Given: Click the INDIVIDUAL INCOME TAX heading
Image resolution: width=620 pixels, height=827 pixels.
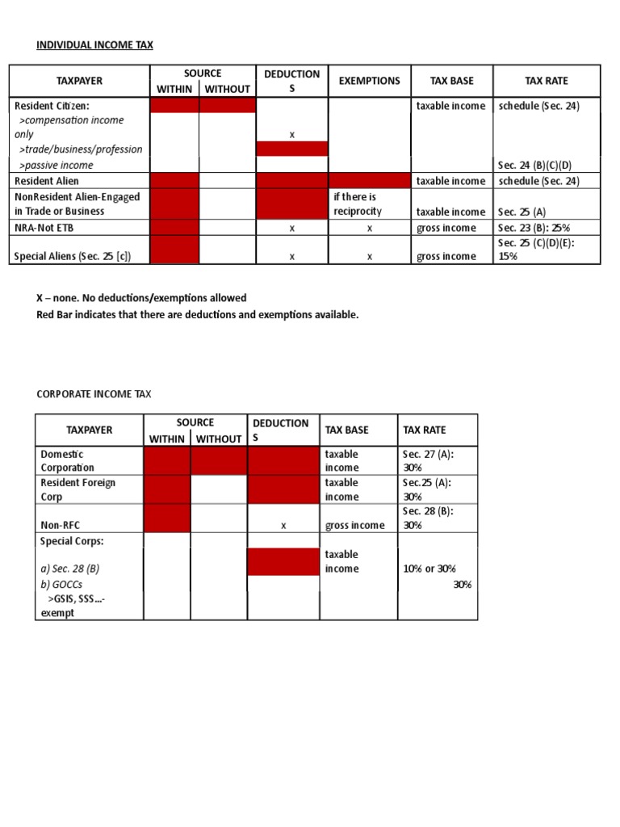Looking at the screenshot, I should coord(94,45).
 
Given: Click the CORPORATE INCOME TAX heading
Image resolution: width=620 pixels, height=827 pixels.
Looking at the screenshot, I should coord(94,394).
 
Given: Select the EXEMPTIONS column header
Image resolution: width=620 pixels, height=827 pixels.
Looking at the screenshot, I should coord(369,81).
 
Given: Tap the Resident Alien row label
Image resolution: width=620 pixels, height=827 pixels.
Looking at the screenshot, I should coord(47,181).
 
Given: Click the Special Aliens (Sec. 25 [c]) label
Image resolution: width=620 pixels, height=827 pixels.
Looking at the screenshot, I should coord(73,257).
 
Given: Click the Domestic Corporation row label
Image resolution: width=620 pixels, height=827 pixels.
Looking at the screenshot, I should coord(67,460).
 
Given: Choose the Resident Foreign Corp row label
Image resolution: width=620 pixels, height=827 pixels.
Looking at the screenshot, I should coord(77,489).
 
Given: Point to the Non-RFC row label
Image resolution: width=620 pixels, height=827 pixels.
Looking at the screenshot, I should coord(61,525).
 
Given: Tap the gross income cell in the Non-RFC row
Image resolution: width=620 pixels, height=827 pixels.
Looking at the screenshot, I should coord(355,525).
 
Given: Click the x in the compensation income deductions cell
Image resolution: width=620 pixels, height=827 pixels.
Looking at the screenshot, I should coord(291,135).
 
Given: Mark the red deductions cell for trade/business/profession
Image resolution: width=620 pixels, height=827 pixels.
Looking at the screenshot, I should coord(291,149).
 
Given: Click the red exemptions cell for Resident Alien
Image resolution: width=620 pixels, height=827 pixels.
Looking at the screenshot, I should coord(369,181).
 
